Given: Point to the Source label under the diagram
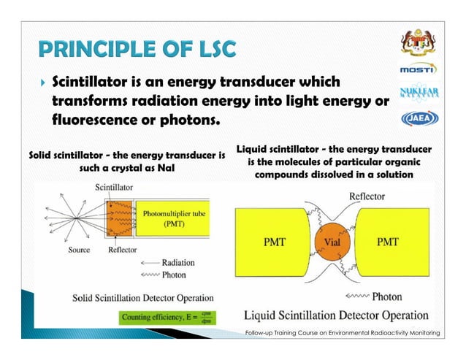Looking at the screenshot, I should tap(77, 250).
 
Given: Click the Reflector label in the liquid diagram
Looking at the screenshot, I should tap(369, 196).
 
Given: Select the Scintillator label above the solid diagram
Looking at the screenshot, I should tap(116, 188).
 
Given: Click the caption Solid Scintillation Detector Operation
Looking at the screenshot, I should tap(142, 298).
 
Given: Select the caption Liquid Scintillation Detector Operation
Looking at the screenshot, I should tap(335, 315).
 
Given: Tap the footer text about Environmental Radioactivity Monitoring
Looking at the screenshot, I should tap(343, 333).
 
